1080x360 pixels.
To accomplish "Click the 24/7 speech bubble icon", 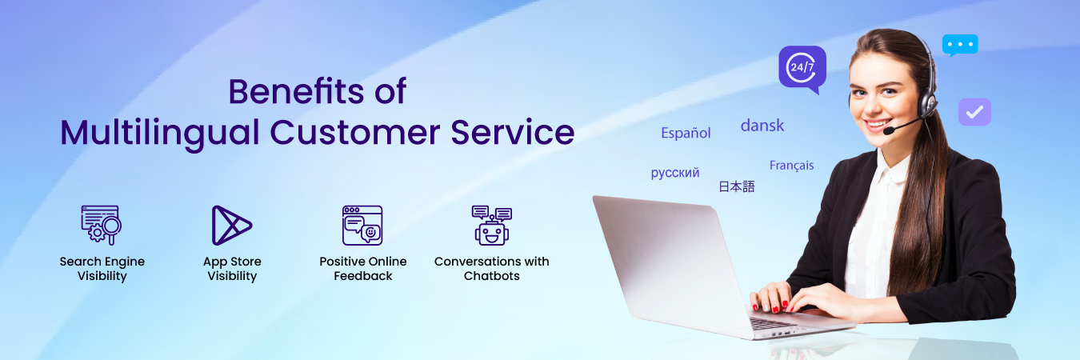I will tap(802, 68).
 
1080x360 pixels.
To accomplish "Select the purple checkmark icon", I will tap(974, 112).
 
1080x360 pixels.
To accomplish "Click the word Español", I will tap(686, 133).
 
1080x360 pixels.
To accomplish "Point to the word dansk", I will tap(762, 126).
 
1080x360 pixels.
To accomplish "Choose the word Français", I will tap(791, 166).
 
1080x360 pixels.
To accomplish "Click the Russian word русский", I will tap(675, 173).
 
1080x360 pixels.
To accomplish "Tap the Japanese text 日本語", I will tap(736, 186).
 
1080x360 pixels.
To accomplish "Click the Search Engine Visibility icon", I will tap(101, 225).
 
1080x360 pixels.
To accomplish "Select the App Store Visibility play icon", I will tap(230, 225).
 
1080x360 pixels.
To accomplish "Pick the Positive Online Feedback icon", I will tap(362, 225).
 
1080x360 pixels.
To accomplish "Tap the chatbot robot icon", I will tap(491, 225).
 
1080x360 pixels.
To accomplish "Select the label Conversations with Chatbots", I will tap(491, 269).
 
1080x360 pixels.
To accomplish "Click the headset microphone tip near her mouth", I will tap(888, 130).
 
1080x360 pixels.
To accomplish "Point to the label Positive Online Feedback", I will tap(362, 269).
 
